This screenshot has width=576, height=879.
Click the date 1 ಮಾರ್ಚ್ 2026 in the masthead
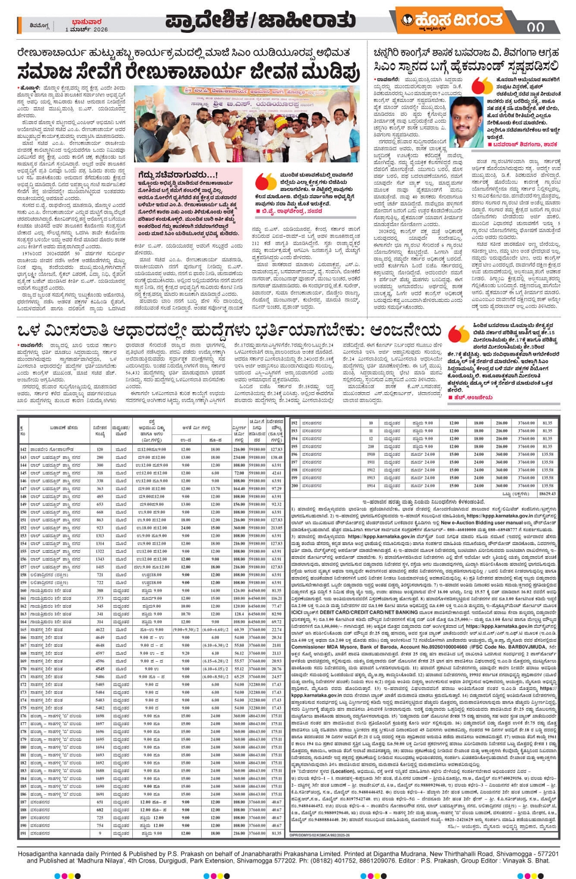point(87,30)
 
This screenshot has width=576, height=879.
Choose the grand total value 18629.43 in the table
point(547,494)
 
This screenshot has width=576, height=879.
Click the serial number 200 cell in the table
point(294,486)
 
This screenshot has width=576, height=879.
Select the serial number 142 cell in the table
point(23,450)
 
